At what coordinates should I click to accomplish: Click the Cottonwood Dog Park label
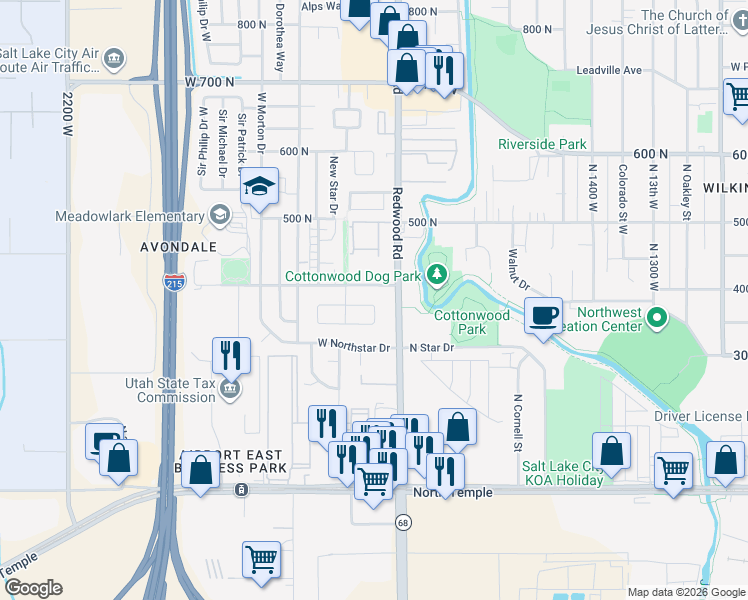coord(352,275)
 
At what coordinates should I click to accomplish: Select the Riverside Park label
coord(542,144)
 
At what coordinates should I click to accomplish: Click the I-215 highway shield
coord(174,282)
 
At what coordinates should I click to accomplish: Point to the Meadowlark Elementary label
coord(116,216)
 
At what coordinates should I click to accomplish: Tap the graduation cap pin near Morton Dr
coord(259,187)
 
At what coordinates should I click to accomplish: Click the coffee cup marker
coord(543,317)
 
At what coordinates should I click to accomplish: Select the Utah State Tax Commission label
coord(170,390)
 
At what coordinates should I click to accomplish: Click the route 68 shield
coord(403,523)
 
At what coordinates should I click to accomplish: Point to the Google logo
coord(32,588)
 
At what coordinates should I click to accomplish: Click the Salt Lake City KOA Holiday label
coord(563,473)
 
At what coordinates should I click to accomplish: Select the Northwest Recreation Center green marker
coord(657,319)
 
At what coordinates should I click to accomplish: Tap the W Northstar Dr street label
coord(353,347)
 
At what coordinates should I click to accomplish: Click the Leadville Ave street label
coord(608,71)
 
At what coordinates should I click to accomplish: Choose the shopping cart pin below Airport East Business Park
coord(261,559)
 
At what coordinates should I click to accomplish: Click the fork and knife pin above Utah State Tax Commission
coord(229,354)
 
